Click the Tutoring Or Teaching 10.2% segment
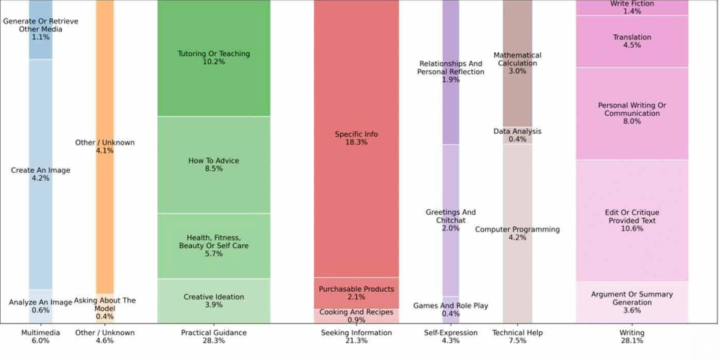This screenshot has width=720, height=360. (214, 58)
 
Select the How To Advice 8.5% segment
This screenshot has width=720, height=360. (214, 165)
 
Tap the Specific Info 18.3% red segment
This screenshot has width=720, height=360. (356, 138)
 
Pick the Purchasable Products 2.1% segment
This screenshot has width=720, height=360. (356, 293)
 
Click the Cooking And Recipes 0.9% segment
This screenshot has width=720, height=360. (356, 316)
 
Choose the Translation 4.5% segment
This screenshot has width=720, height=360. (632, 41)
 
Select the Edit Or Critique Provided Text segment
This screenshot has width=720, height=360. (632, 220)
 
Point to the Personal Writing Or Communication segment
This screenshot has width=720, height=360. (632, 113)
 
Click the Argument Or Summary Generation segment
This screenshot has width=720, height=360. (632, 302)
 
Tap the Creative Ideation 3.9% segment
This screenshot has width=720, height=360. (214, 301)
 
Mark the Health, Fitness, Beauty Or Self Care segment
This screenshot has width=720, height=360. (214, 246)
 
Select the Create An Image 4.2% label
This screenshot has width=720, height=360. (41, 174)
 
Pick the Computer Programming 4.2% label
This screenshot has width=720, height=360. (517, 233)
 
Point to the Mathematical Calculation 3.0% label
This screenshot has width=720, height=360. (517, 63)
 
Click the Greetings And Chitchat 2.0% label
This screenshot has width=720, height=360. (451, 220)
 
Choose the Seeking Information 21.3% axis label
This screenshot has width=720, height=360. (356, 337)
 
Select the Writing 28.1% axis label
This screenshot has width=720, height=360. (632, 337)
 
